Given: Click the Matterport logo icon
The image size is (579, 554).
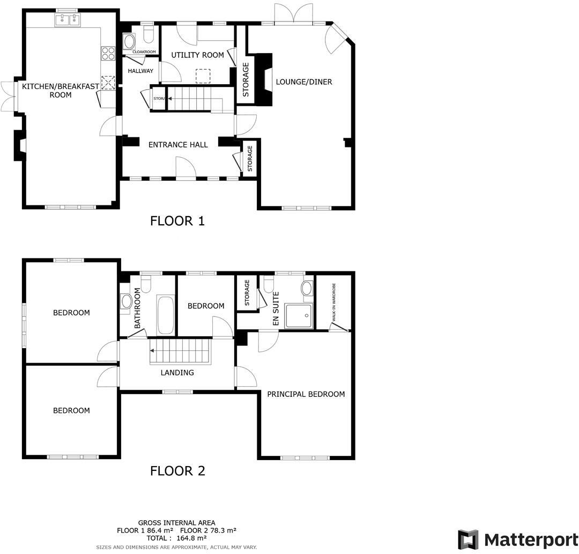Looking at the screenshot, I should tap(468, 539).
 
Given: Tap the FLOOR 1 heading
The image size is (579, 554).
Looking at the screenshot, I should tap(177, 220).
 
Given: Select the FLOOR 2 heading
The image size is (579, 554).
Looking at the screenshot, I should tap(177, 471).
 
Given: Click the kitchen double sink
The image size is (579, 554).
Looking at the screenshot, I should tap(68, 20).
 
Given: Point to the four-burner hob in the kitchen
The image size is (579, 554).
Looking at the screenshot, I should tap(108, 53).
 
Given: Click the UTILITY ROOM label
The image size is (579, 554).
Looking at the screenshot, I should tap(197, 55).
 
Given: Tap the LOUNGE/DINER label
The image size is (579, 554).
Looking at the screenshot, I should tap(304, 82).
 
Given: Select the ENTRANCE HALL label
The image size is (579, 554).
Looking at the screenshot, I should tap(178, 144).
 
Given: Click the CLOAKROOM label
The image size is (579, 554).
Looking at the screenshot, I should tap(144, 52).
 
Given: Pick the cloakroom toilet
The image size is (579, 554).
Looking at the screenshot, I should tap(149, 35).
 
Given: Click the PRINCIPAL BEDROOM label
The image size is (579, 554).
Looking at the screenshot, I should tap(306, 394).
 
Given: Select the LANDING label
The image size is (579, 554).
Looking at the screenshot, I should tap(177, 373).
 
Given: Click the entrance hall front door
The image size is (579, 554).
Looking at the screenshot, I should tap(184, 167).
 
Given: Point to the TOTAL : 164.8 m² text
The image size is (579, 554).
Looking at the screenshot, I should tap(176, 537).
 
